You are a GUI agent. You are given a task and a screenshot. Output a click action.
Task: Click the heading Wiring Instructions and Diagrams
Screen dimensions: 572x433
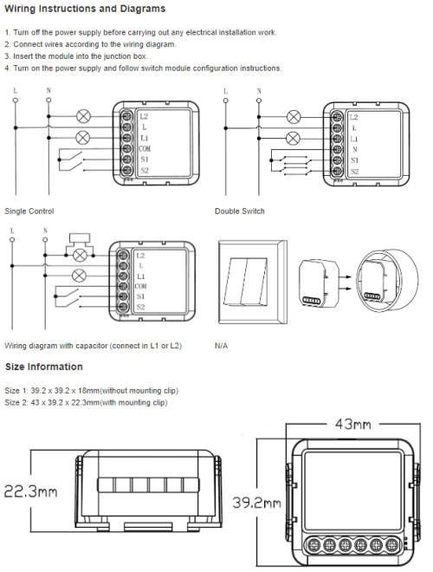[x=85, y=10]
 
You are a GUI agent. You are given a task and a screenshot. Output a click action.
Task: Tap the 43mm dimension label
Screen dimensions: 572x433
[x=351, y=425]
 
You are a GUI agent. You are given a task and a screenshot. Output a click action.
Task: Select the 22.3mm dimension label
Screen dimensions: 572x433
[x=30, y=491]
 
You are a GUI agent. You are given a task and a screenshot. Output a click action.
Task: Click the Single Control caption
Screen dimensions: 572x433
[x=29, y=211]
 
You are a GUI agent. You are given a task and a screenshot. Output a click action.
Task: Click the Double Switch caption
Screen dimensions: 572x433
[x=240, y=211]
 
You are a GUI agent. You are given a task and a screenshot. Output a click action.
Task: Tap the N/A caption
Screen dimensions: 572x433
[x=222, y=345]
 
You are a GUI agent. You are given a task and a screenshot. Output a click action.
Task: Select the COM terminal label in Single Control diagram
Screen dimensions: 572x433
[x=142, y=149]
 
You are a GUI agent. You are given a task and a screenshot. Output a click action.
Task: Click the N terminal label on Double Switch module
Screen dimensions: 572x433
[x=354, y=149]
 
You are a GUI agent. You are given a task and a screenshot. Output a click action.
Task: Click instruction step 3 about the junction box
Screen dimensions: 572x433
[x=76, y=56]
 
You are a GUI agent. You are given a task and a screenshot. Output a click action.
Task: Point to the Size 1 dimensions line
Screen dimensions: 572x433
[x=92, y=391]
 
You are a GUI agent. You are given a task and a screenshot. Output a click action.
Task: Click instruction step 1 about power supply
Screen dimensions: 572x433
[x=140, y=32]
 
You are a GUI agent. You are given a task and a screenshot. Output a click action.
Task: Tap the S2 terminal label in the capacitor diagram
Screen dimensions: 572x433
[x=140, y=307]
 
